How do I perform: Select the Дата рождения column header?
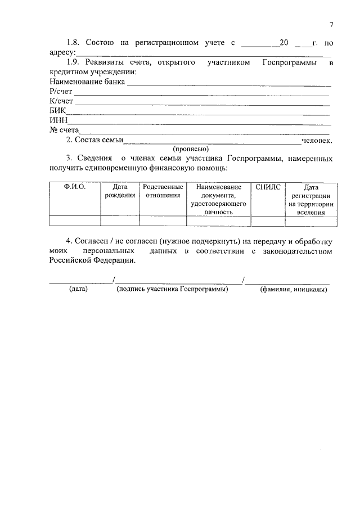(x=120, y=191)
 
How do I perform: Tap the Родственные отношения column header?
(x=163, y=191)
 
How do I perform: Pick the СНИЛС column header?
(x=267, y=187)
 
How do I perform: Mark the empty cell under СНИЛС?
(x=267, y=221)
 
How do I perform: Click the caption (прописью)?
(x=191, y=149)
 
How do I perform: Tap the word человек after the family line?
(x=317, y=140)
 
